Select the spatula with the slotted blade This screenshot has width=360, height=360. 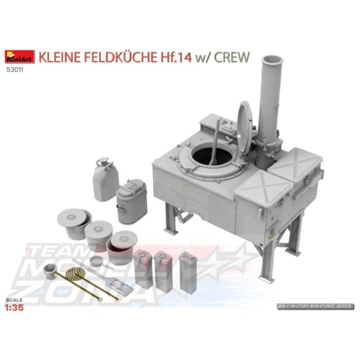click(x=118, y=284)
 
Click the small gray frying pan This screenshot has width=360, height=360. click(x=97, y=262)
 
